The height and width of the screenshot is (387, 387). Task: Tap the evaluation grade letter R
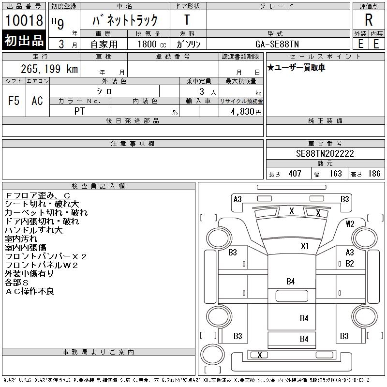[369, 20]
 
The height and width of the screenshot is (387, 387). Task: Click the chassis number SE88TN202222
[325, 154]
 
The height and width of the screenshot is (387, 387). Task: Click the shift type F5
[14, 101]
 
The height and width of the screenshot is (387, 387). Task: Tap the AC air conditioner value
[37, 101]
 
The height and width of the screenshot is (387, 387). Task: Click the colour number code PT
[80, 111]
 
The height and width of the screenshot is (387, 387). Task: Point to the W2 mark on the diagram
[350, 223]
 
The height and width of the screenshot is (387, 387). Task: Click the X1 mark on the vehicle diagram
[305, 246]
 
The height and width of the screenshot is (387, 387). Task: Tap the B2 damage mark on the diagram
[350, 264]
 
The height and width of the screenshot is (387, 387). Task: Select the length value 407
[295, 174]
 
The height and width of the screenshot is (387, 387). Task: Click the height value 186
[374, 174]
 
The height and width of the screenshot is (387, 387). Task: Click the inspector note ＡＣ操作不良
[30, 291]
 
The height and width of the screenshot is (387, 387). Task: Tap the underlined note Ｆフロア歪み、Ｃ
[38, 195]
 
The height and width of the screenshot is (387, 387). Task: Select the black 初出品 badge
[24, 41]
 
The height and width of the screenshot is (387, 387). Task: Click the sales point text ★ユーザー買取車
[296, 68]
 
